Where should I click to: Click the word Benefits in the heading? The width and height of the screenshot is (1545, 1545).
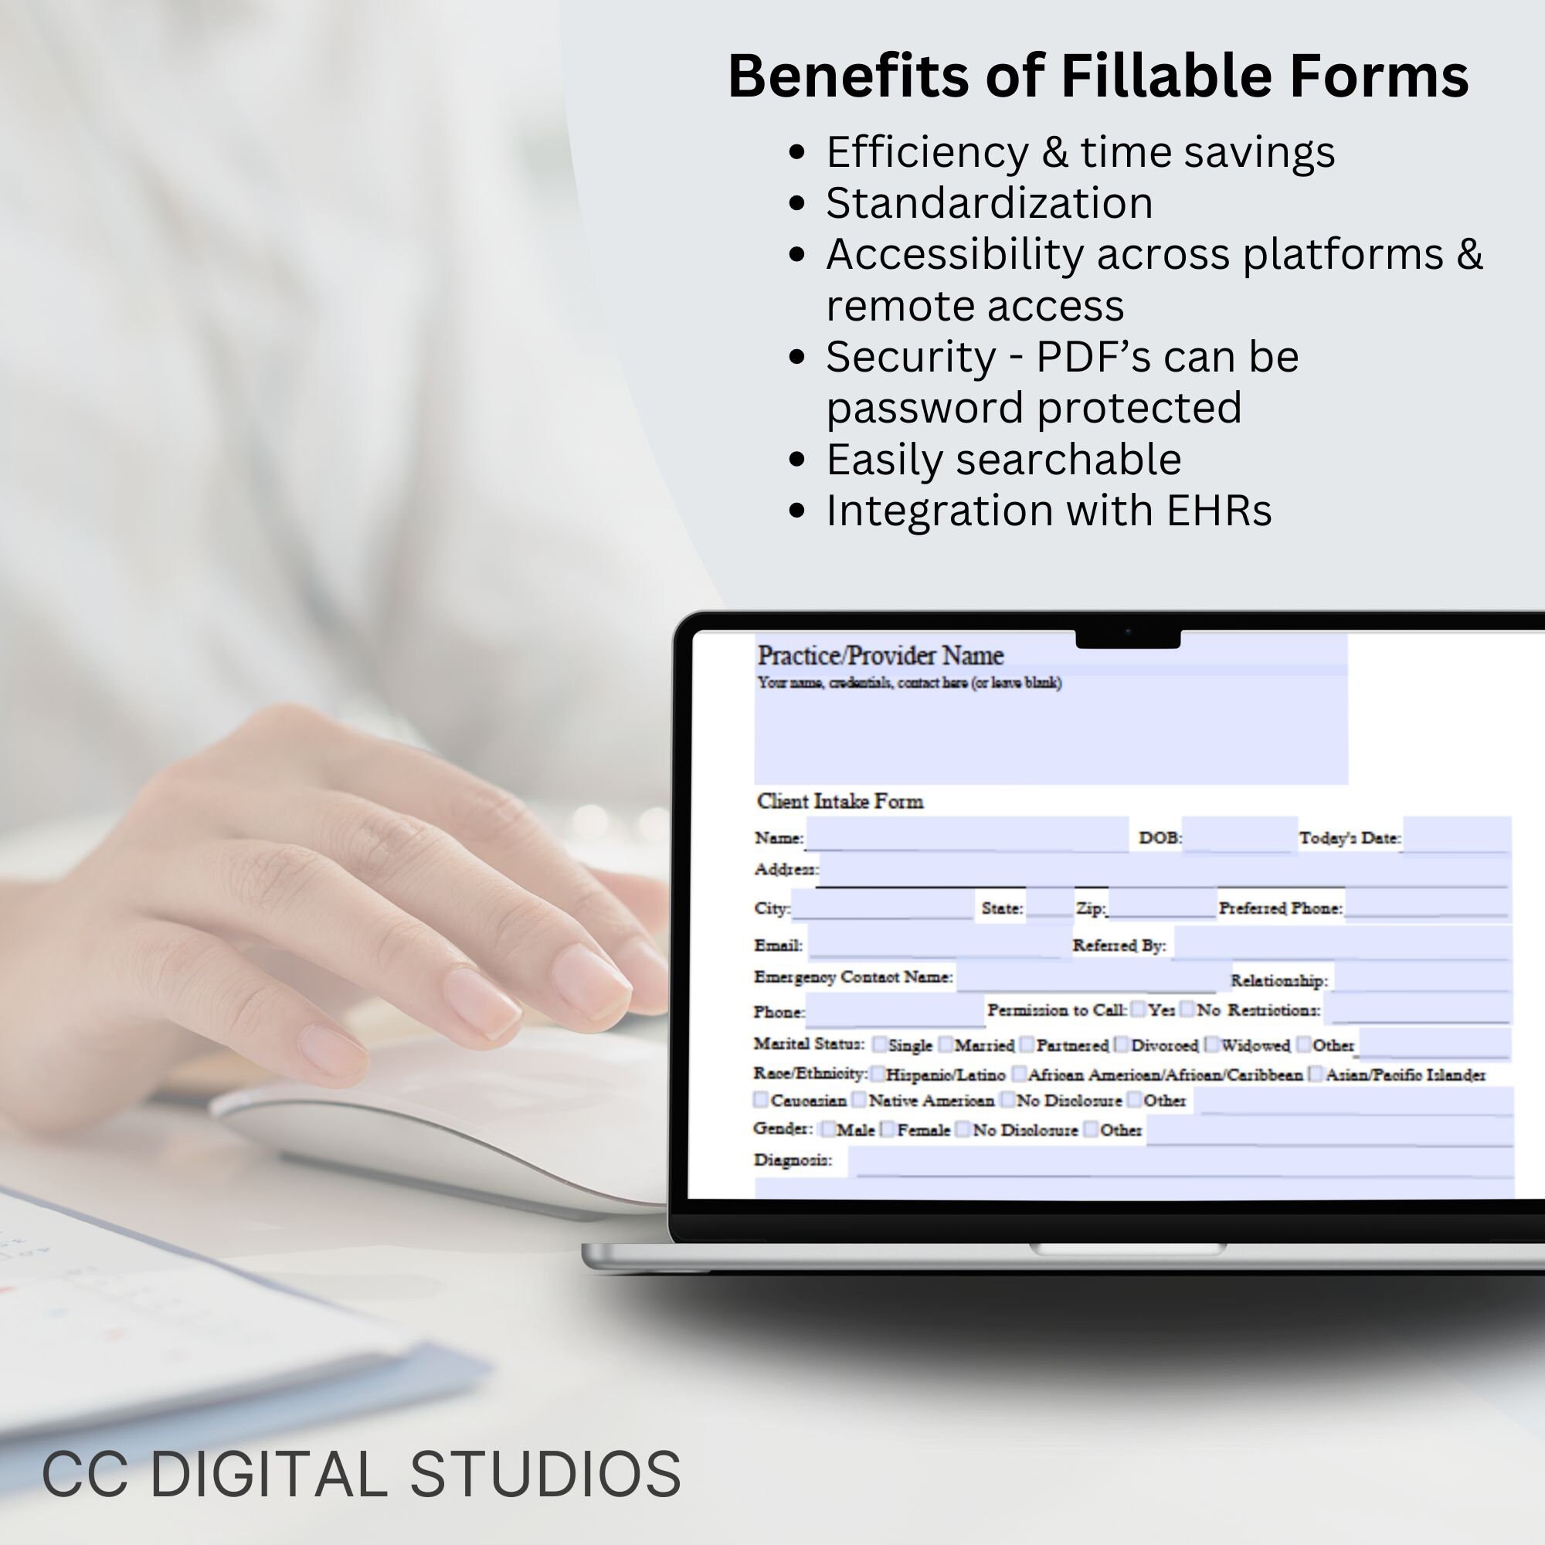click(x=847, y=76)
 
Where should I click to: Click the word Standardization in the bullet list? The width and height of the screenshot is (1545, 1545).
click(x=989, y=203)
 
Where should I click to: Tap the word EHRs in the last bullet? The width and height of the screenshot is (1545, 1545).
click(x=1219, y=510)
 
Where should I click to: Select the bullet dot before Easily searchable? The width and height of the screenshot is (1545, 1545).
click(x=796, y=460)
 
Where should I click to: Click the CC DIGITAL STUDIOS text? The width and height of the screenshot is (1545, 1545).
click(x=361, y=1475)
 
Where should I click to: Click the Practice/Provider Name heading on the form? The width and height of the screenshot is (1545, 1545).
click(x=880, y=656)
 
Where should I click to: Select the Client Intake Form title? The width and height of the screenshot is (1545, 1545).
click(x=840, y=801)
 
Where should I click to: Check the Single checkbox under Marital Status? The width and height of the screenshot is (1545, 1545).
click(x=880, y=1044)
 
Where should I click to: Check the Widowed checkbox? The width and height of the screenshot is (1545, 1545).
click(x=1212, y=1044)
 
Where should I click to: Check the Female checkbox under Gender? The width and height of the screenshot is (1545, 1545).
click(x=887, y=1129)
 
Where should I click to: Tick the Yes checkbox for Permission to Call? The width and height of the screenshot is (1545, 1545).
click(x=1138, y=1010)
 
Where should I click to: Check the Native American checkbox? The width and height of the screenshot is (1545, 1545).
click(x=858, y=1100)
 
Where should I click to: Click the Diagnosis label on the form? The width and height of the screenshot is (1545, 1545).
click(x=793, y=1160)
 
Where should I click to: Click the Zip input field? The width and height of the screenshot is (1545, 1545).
click(x=1161, y=906)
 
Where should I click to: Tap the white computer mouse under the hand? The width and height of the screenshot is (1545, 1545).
click(x=480, y=1119)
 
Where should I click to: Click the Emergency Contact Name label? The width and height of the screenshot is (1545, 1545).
click(x=853, y=977)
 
